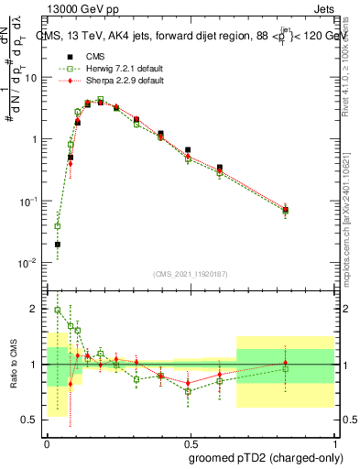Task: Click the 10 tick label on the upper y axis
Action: click(x=32, y=78)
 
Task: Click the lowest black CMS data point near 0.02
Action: click(x=58, y=245)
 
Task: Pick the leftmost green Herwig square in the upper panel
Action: click(x=58, y=225)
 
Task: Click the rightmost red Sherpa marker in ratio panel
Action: click(x=286, y=364)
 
